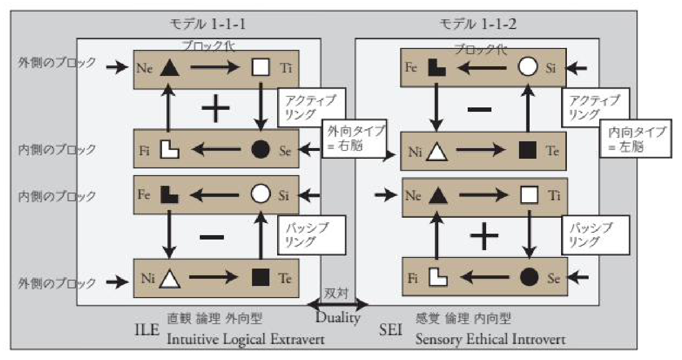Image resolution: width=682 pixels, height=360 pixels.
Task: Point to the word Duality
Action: (x=338, y=318)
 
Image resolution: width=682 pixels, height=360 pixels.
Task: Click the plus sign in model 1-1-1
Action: (x=215, y=109)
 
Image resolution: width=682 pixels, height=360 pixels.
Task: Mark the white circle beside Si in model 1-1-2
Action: (x=528, y=67)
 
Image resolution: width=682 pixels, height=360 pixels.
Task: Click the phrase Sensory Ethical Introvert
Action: (x=490, y=339)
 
